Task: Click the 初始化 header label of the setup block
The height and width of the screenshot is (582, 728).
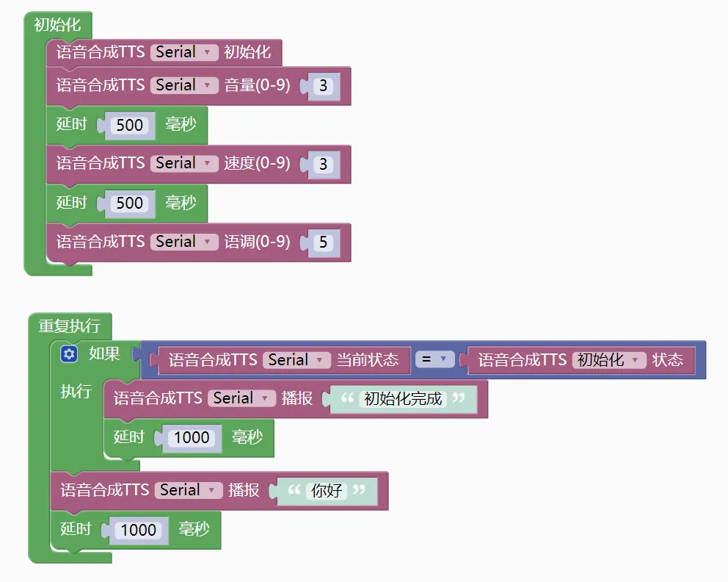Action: pos(57,25)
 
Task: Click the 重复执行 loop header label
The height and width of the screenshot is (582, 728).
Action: pos(69,325)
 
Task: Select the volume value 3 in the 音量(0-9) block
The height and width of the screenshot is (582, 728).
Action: pos(323,86)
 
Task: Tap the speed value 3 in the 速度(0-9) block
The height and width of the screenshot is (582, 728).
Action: pos(323,165)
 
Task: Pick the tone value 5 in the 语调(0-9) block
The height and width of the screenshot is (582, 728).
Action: pos(323,242)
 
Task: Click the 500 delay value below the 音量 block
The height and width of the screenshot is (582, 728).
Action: pos(130,125)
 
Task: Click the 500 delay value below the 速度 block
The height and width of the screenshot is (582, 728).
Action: pos(130,203)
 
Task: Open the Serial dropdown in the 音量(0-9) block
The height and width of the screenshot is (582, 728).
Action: pos(185,85)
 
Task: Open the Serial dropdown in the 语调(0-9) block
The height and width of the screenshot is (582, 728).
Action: pos(185,242)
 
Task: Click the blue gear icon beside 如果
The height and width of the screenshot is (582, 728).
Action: pos(69,354)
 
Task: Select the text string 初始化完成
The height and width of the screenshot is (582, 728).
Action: pos(403,399)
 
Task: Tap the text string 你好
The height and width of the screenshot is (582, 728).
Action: pos(327,491)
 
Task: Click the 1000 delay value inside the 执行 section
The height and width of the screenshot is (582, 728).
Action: pos(192,438)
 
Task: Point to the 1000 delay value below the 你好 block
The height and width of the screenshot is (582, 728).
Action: pos(139,530)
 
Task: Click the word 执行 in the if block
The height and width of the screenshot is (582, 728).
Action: pos(76,391)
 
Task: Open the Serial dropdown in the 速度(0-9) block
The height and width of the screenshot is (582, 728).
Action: pos(185,163)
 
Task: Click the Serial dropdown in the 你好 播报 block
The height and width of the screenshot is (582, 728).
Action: pos(189,490)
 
